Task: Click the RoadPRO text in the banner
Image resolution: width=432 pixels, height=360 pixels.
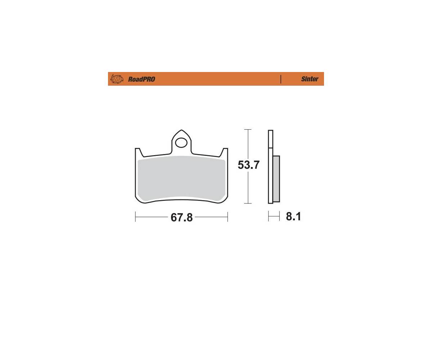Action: pos(141,79)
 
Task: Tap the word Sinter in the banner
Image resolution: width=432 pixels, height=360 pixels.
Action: pos(310,79)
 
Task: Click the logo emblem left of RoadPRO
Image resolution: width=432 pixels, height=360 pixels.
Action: pos(117,79)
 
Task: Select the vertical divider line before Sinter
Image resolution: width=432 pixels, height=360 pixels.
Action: pos(281,79)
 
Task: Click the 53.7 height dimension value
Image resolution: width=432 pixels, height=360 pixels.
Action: pos(248,165)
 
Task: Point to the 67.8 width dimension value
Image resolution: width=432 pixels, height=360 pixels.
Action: pos(181,217)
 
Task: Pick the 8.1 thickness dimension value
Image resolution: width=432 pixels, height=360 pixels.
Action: pos(293,216)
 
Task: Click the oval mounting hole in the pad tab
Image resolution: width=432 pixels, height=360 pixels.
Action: pos(181,143)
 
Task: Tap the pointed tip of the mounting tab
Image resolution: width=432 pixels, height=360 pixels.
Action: pos(181,130)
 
